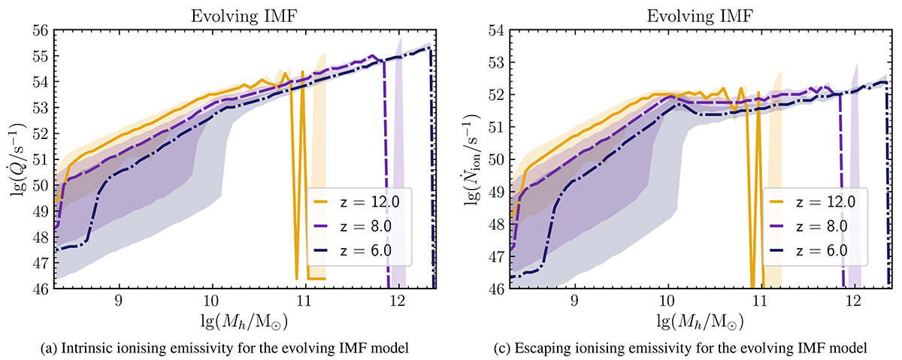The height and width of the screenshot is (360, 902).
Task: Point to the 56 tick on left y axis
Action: [42, 31]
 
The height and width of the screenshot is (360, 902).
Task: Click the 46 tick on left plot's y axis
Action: [42, 289]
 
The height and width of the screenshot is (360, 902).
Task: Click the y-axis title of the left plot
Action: [17, 160]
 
